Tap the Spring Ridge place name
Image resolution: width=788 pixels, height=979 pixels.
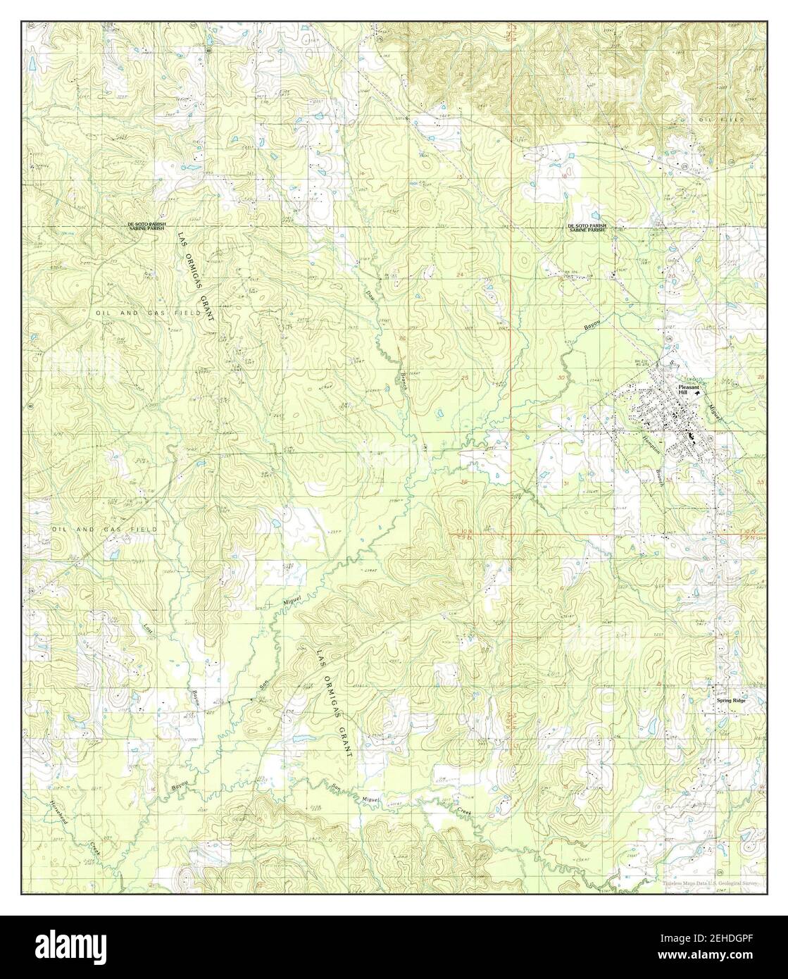tap(730, 701)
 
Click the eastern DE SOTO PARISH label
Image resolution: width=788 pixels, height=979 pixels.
tap(587, 225)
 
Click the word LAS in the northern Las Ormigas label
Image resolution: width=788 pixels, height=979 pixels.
tap(181, 240)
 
